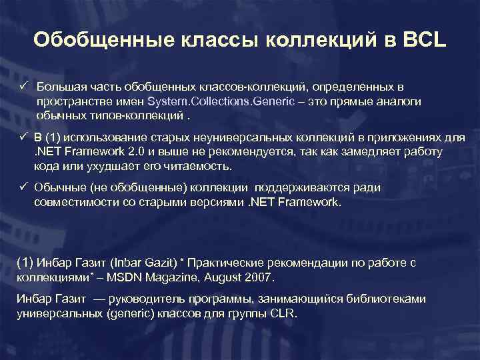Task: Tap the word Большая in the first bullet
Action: [x=58, y=87]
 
